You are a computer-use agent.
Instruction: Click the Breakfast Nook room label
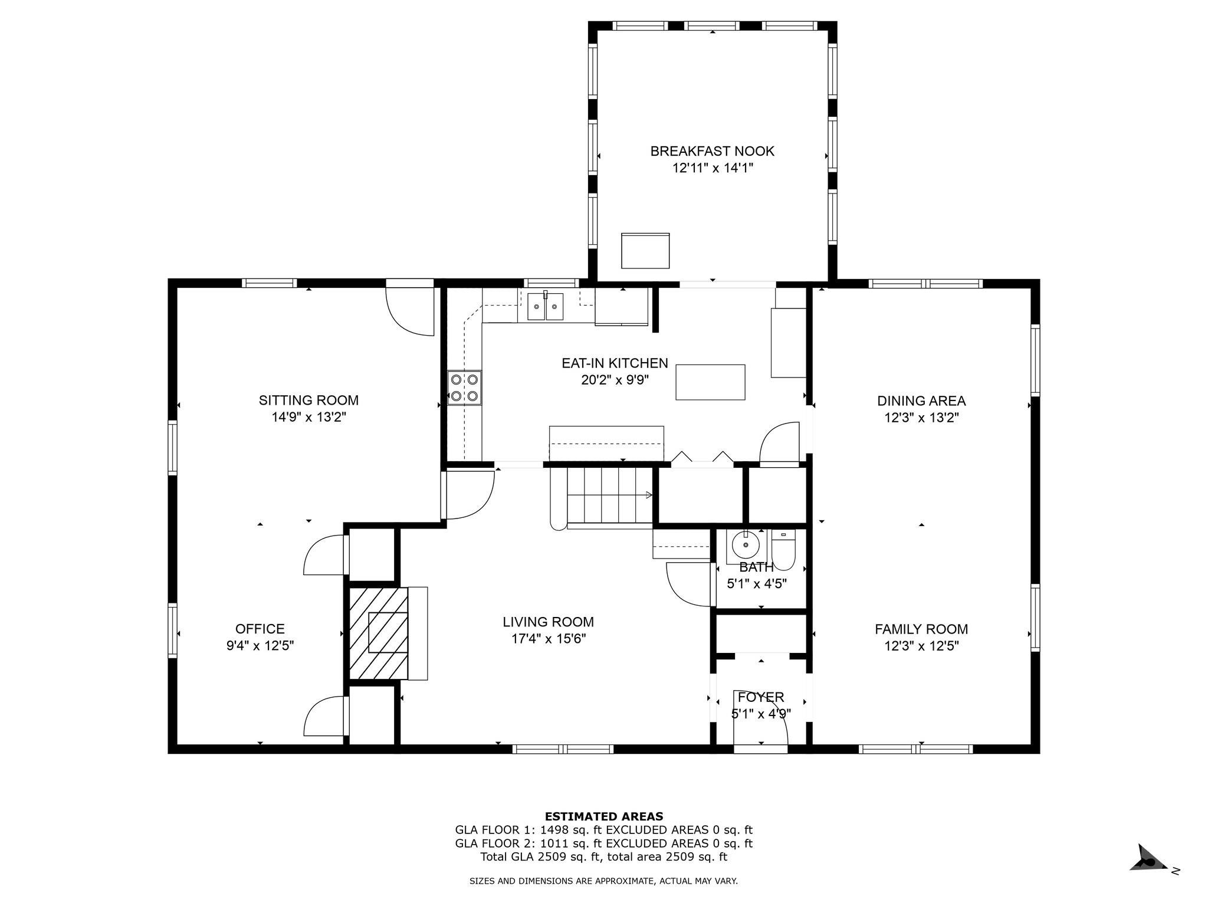(x=712, y=151)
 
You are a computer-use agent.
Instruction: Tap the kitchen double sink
(x=545, y=306)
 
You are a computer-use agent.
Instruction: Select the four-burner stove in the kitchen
(x=464, y=388)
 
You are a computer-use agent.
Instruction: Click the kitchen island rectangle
(x=710, y=382)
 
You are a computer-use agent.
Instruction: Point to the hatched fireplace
(x=378, y=632)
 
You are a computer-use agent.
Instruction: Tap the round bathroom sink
(x=746, y=544)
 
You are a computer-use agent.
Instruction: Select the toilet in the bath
(x=783, y=550)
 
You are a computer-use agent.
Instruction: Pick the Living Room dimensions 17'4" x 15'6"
(x=548, y=638)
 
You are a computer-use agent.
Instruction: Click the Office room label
(x=260, y=629)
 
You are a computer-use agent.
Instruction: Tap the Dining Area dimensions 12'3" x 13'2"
(x=921, y=418)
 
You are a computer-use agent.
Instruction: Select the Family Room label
(x=921, y=629)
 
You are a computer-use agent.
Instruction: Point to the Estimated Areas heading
(x=604, y=816)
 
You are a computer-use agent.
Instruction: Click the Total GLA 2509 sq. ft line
(x=604, y=857)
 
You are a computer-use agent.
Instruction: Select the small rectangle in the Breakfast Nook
(x=645, y=251)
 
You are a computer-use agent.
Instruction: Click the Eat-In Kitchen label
(x=615, y=363)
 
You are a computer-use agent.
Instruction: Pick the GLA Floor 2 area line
(x=604, y=843)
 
